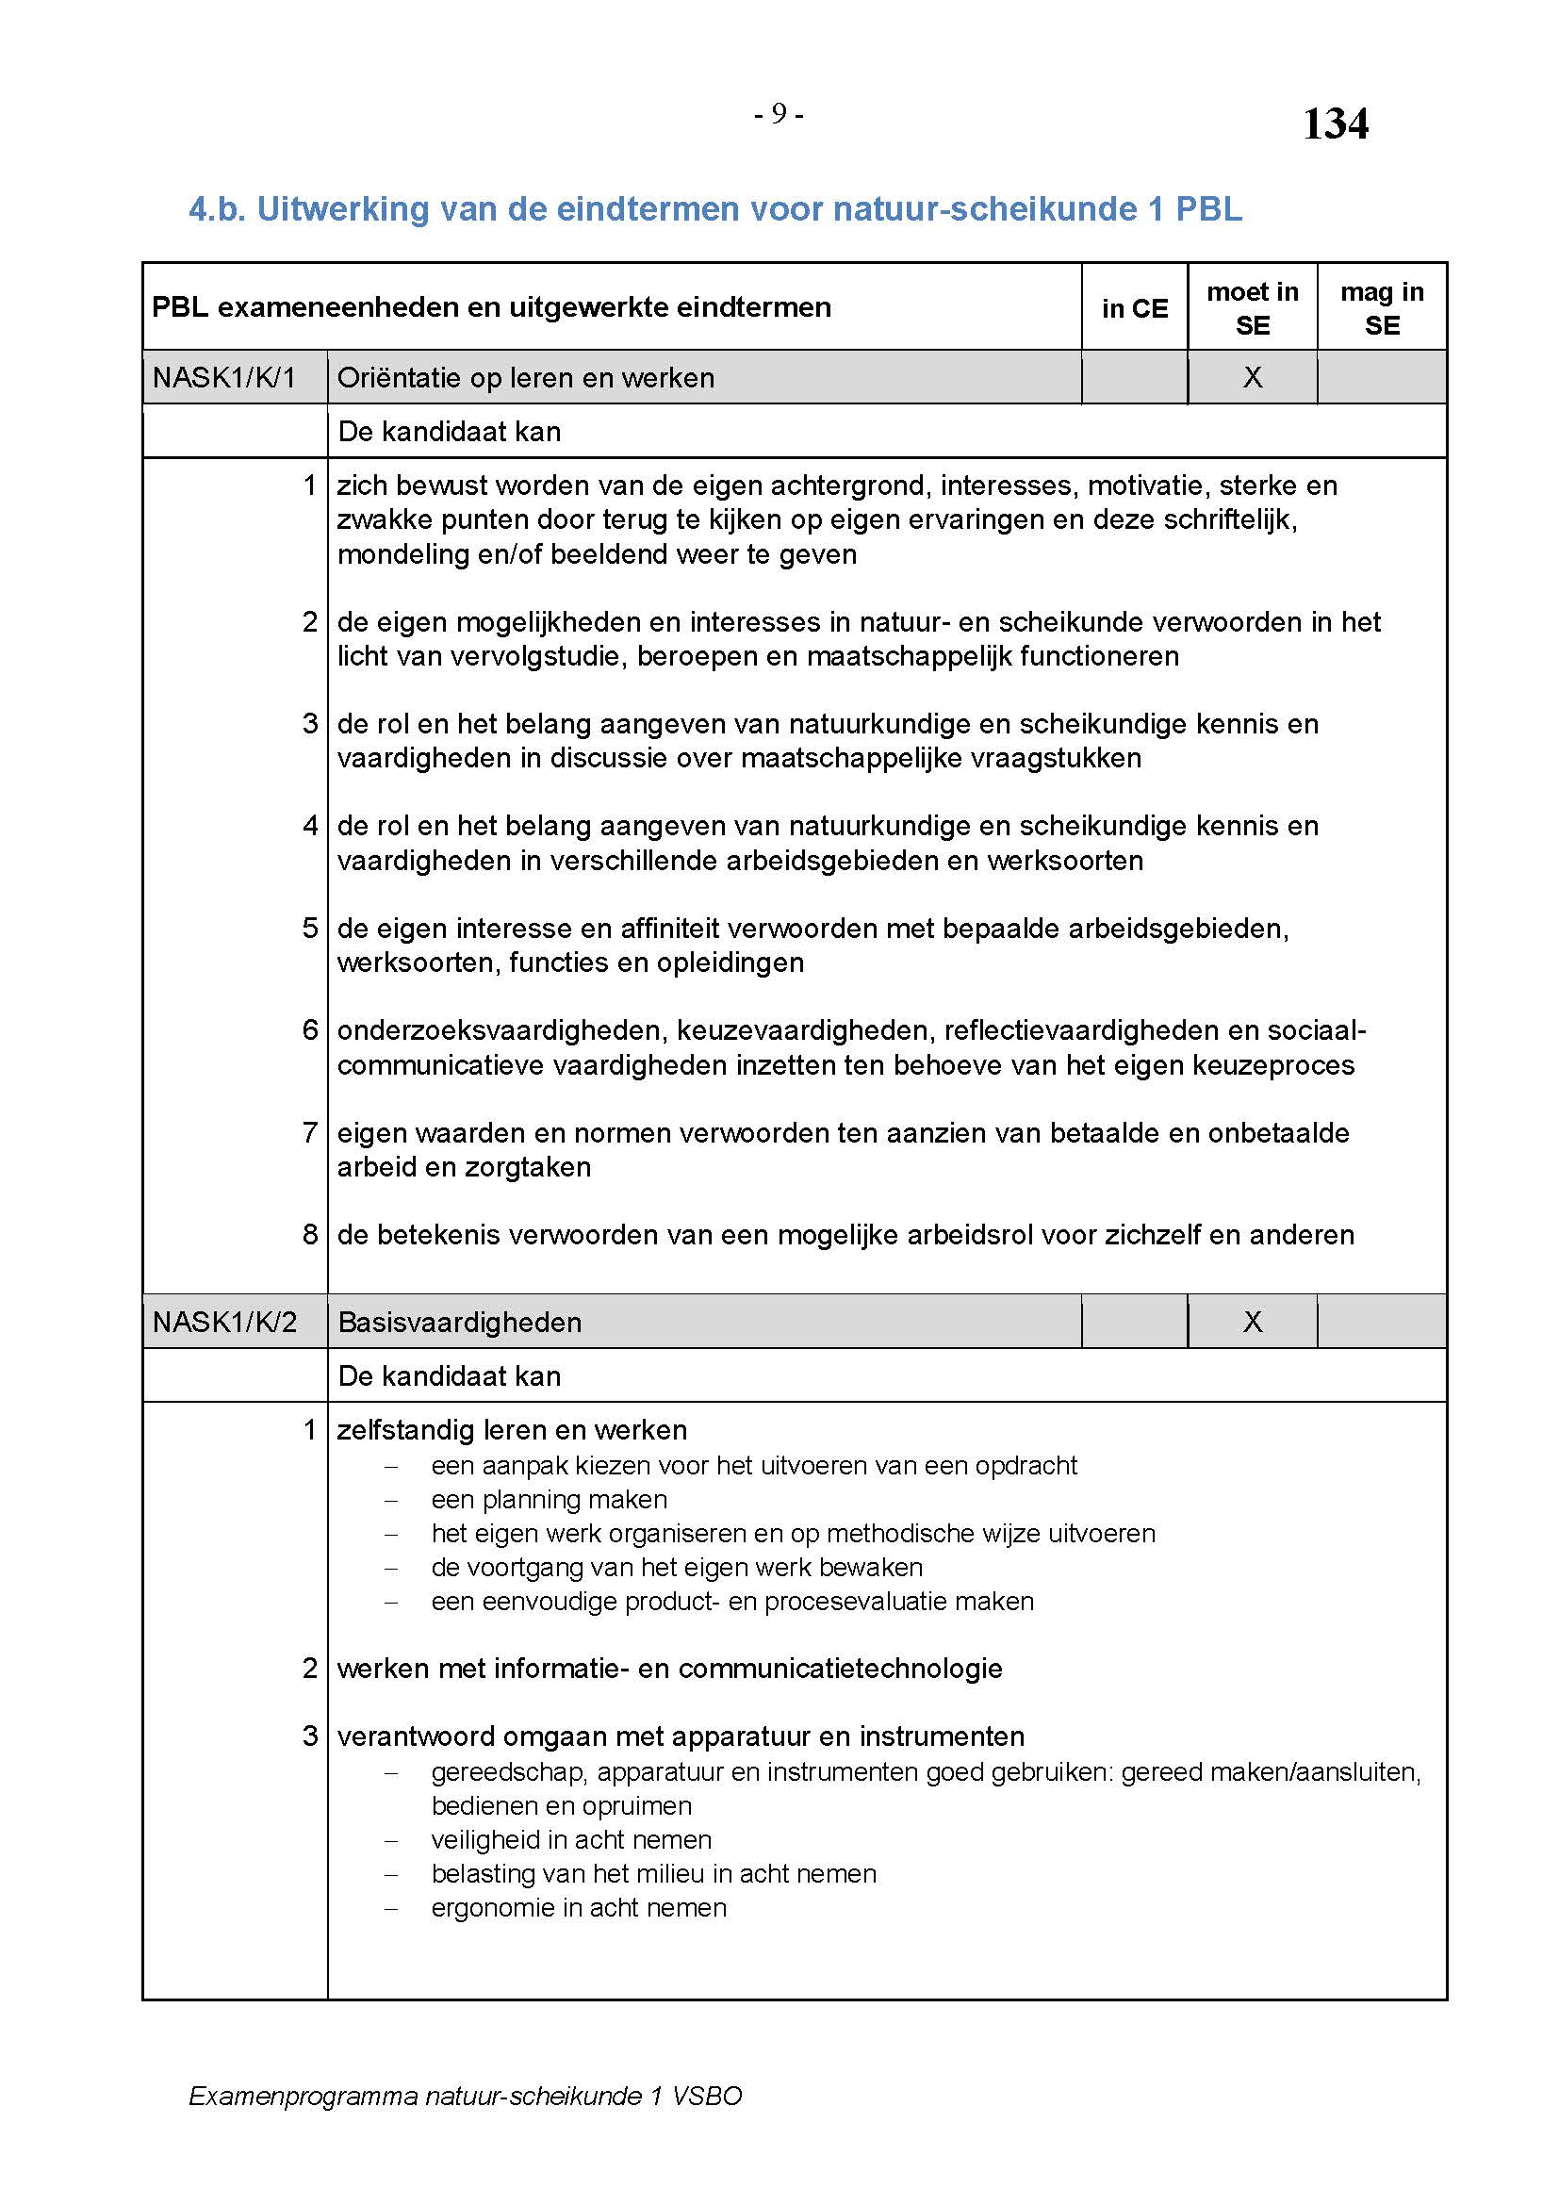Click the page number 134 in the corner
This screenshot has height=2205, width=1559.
(x=1335, y=123)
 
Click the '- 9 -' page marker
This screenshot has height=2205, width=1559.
(x=779, y=114)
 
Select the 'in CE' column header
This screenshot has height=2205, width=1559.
(x=1135, y=308)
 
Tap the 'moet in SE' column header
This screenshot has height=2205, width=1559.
(x=1252, y=308)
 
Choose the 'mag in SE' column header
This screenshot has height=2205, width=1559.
(x=1382, y=308)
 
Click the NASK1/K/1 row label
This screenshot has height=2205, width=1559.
(x=223, y=377)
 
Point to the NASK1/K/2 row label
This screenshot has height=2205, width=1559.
(x=223, y=1323)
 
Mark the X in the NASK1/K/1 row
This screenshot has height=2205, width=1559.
(x=1252, y=377)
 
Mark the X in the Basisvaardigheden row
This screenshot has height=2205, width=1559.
(x=1252, y=1323)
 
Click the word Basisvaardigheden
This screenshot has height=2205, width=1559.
(x=460, y=1323)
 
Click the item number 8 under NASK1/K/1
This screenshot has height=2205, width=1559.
(x=310, y=1235)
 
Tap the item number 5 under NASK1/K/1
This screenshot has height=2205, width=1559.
(x=310, y=929)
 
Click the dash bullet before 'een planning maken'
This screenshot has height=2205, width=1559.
(x=391, y=1500)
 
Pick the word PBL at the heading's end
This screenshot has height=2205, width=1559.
(x=1208, y=208)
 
